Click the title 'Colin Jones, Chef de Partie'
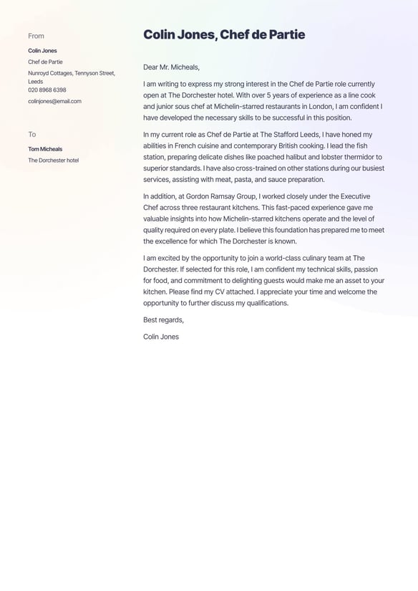point(223,34)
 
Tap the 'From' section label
point(36,36)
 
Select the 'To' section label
point(31,134)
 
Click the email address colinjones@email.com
point(54,101)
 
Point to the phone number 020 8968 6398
point(47,90)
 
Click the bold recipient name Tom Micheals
point(45,149)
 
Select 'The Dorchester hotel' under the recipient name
point(53,160)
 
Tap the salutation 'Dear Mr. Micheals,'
point(171,67)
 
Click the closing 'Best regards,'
point(163,319)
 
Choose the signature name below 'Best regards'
point(160,337)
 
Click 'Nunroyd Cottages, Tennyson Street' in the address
point(71,73)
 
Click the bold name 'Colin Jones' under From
point(42,51)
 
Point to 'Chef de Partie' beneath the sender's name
point(45,62)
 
